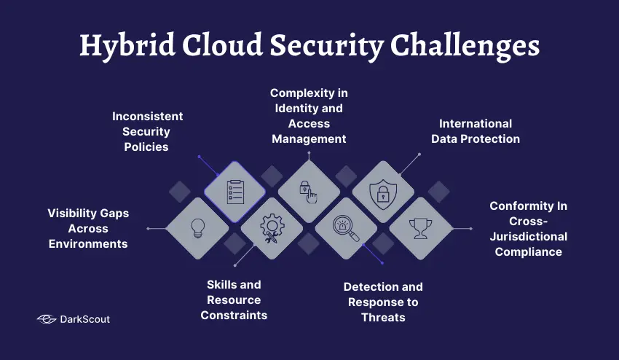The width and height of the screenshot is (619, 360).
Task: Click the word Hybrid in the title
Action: click(122, 45)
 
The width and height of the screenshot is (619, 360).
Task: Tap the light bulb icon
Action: click(197, 228)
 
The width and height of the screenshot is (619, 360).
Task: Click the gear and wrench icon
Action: click(272, 228)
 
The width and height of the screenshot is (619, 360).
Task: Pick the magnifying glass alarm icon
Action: click(346, 228)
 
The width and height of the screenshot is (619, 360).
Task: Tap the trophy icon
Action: click(420, 228)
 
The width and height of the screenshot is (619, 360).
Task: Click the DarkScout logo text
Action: click(86, 319)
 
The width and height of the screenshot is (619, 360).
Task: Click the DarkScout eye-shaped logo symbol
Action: click(47, 319)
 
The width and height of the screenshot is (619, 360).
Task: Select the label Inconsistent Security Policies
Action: click(147, 131)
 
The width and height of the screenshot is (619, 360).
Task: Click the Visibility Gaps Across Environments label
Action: click(88, 228)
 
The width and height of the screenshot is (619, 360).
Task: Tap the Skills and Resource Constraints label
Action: click(234, 300)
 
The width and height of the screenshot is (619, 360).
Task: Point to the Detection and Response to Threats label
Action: click(383, 302)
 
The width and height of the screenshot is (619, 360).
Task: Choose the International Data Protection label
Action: click(475, 130)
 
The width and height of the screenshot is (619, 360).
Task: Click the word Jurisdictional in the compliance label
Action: click(528, 236)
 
